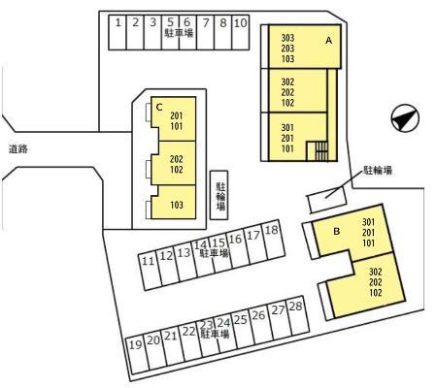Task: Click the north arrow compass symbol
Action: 405,117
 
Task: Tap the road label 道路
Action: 18,149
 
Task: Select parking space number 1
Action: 118,32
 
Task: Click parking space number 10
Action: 241,32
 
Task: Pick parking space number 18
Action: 273,240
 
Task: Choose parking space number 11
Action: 150,271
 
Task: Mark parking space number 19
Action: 137,355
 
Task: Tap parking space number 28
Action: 298,315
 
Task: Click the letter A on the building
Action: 329,41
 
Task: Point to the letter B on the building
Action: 337,231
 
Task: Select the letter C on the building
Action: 159,107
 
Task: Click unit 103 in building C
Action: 177,205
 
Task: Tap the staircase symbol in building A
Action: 318,151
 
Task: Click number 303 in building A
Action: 287,38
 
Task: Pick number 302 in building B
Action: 376,272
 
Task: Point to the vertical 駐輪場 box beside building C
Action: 219,195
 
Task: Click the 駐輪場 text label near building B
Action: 378,170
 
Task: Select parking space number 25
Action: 243,329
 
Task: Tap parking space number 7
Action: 206,32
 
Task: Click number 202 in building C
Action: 177,159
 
